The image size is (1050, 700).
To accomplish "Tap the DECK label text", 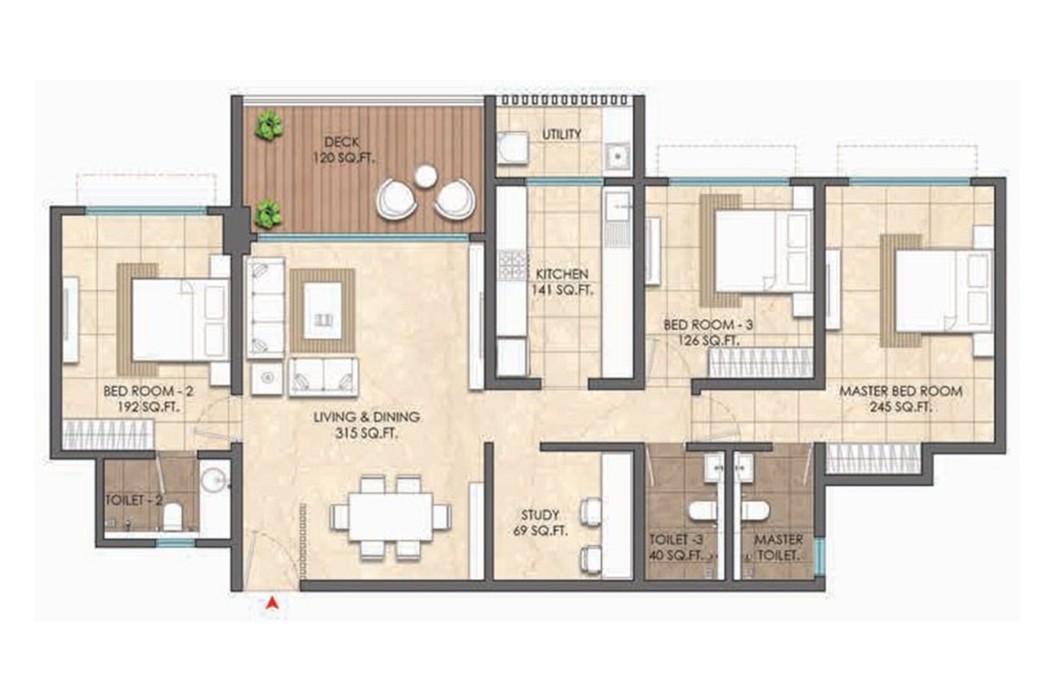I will (x=341, y=142).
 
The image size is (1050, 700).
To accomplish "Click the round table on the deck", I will (x=426, y=176).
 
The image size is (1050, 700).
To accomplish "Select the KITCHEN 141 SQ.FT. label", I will (x=562, y=282).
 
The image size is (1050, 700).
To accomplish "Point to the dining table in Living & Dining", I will (x=390, y=516).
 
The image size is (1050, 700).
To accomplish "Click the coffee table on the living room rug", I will (x=323, y=310).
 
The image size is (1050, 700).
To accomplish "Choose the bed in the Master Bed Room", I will (x=942, y=291).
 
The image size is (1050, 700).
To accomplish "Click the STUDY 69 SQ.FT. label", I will (x=540, y=523).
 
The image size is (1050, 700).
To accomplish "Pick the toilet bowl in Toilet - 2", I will (x=172, y=516).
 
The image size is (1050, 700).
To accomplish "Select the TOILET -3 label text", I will (x=676, y=540).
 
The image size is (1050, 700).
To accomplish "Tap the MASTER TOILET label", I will (x=778, y=547).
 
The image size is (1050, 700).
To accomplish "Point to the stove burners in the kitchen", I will (x=513, y=264).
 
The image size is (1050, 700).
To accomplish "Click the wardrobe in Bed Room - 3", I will (x=758, y=363).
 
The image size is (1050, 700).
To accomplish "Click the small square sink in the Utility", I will (x=617, y=156).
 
